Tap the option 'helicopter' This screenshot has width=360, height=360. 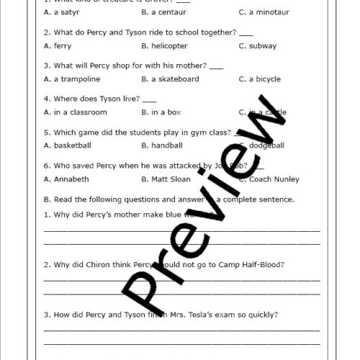pos(169,46)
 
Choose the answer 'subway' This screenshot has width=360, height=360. pos(262,46)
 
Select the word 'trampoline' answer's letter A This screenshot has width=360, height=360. pos(47,79)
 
